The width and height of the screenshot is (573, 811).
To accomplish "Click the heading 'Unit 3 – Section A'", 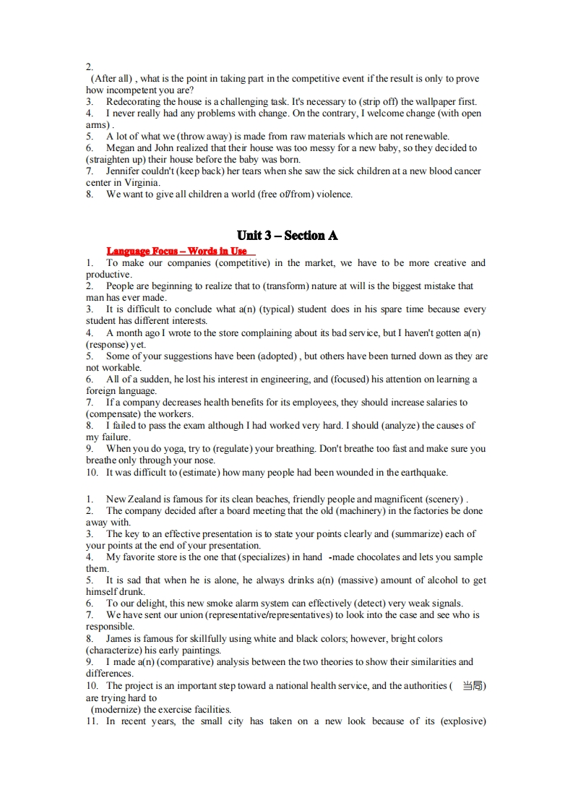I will pos(287,236).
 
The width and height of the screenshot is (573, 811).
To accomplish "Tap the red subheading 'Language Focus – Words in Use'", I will pos(176,251).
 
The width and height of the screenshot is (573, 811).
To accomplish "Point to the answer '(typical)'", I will pos(270,309).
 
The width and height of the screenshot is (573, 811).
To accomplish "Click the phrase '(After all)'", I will pos(112,79).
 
